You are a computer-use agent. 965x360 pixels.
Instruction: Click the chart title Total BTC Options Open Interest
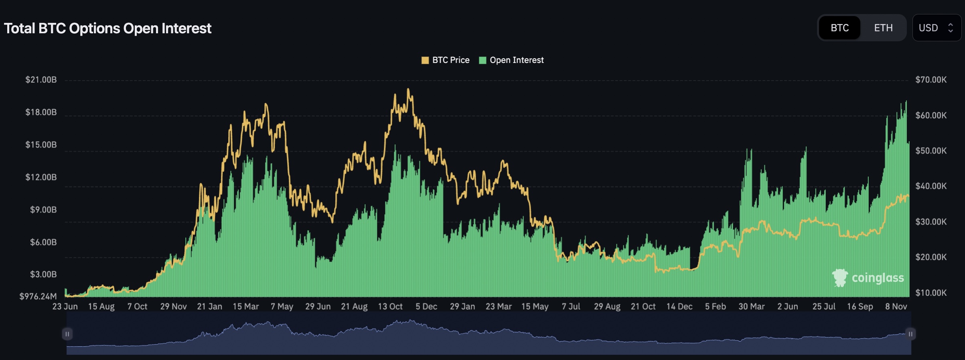(107, 28)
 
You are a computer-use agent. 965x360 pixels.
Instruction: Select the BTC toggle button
(839, 28)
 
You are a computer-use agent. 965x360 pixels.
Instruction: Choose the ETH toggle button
(883, 28)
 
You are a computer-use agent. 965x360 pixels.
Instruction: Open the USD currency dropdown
(937, 28)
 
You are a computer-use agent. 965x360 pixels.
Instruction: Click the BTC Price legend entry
(445, 60)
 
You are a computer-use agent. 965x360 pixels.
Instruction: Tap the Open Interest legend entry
(511, 60)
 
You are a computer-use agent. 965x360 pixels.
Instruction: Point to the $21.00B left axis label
(41, 80)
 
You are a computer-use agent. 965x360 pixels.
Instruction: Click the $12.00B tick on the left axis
(41, 177)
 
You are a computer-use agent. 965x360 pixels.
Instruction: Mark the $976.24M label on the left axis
(38, 296)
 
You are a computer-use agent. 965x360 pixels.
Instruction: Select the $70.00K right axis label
(931, 80)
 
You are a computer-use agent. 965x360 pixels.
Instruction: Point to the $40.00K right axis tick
(931, 186)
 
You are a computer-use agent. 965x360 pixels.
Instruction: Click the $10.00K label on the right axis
(931, 293)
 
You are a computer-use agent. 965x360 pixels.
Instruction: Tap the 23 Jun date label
(65, 307)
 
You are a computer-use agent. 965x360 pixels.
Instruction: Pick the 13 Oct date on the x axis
(390, 307)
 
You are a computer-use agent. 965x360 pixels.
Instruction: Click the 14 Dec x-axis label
(679, 307)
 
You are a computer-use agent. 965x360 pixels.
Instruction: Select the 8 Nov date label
(896, 307)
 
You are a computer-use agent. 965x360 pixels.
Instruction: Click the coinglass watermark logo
(868, 278)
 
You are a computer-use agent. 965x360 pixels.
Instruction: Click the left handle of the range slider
(67, 334)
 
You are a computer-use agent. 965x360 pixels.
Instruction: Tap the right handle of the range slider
(910, 334)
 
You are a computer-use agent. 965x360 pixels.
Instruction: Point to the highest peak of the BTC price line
(408, 89)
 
